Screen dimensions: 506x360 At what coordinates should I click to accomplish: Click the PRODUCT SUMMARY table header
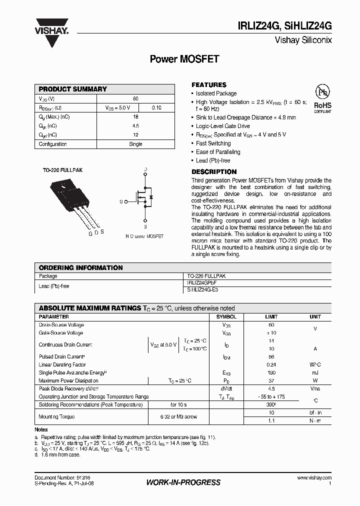coord(73,89)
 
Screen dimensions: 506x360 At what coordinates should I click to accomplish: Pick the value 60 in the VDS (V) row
coord(135,99)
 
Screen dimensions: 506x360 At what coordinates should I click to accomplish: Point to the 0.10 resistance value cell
coord(156,108)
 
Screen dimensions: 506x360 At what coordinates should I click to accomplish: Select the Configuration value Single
coord(135,144)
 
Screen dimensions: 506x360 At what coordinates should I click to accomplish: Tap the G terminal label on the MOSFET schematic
coord(121,201)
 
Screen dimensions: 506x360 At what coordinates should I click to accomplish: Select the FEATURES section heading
coord(209,85)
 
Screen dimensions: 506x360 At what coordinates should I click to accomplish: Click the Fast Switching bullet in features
coord(213,143)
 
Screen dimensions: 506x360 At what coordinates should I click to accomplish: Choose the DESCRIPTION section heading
coord(214,172)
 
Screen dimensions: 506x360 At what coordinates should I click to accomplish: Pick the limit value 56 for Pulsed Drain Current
coord(271,356)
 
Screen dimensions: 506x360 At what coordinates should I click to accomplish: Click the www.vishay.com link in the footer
coord(314,478)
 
